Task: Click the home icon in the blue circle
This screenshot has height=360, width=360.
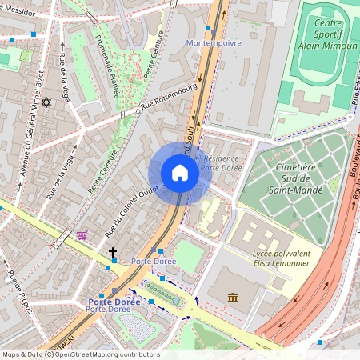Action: pos(180,173)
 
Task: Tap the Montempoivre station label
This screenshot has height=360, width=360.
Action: pos(212,42)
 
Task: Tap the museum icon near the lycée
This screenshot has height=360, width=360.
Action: pos(233,298)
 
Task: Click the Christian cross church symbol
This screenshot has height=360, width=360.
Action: pos(113,254)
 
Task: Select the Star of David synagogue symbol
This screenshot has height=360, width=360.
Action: pos(46,102)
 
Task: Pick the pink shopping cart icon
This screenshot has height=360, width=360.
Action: pos(82,235)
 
